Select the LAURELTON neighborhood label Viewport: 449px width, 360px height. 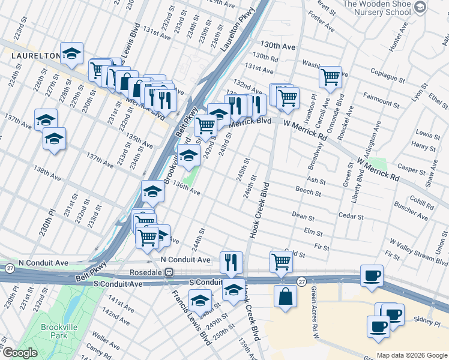35,55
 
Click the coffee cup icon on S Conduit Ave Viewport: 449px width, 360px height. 372,276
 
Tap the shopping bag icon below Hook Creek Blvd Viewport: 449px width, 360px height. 286,296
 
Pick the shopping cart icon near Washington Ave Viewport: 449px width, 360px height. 330,77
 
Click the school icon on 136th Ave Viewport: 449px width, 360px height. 152,191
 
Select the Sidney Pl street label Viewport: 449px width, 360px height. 428,322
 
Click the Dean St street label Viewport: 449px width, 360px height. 303,216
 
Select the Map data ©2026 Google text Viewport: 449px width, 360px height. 411,355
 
